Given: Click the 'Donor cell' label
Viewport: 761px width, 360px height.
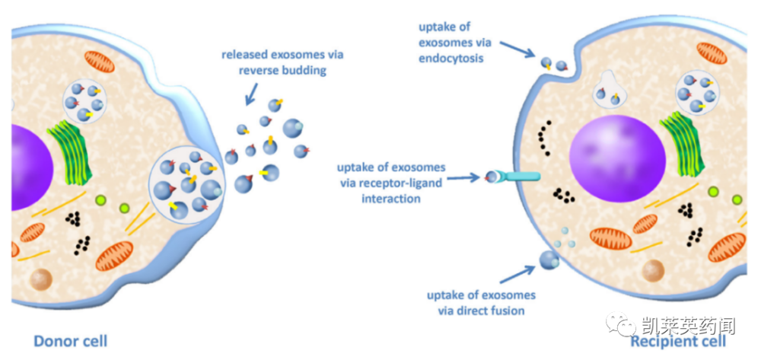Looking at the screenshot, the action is point(70,341).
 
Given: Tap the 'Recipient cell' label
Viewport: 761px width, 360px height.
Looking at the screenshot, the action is point(678,341).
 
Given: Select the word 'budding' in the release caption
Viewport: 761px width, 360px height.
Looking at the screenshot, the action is point(307,71).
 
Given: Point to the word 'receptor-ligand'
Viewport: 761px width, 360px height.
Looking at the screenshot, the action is point(403,183).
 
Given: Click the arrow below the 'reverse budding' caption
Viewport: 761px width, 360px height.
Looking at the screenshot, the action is point(252,93).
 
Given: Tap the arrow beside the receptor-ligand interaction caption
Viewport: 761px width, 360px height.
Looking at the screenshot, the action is point(463,178).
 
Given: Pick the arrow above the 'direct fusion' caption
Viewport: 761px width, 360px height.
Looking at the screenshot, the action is point(517,274).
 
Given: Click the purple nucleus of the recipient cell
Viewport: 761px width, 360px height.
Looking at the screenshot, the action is point(617,161).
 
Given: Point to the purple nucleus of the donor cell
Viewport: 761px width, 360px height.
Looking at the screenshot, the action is point(30,167).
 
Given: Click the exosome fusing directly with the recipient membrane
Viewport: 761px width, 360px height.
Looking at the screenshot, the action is point(549,260).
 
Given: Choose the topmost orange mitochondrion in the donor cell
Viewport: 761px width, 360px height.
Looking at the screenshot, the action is point(100,62).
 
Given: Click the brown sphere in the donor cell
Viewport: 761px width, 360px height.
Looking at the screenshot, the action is point(42,280).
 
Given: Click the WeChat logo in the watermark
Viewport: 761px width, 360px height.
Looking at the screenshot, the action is point(622,324).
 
